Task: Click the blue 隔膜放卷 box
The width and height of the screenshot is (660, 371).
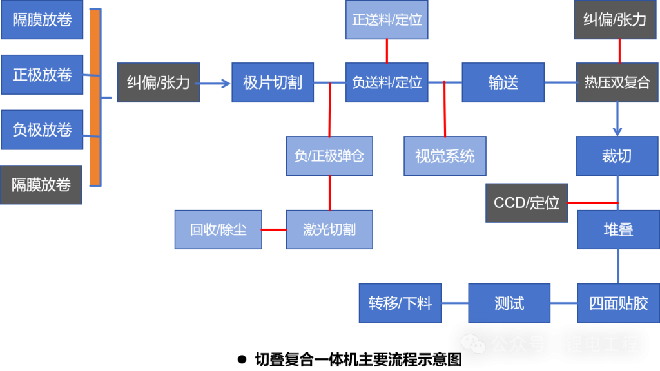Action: coord(42,19)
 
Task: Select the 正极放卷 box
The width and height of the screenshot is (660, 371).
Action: coord(42,75)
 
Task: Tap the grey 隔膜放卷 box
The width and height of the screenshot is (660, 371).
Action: coord(41,185)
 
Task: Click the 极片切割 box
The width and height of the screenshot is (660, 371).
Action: coord(273,82)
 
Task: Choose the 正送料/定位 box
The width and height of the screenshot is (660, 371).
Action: coord(387,19)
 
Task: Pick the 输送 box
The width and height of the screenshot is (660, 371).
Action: coord(503,82)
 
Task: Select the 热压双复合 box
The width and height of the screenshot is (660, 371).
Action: coord(617,82)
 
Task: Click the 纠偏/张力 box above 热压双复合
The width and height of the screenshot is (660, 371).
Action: coord(615,19)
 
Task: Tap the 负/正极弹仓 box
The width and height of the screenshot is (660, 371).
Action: coord(329,156)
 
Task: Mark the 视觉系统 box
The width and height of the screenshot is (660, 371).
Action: coord(445,156)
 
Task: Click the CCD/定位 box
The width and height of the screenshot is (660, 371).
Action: coord(526,203)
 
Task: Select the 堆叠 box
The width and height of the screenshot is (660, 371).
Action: coord(618,229)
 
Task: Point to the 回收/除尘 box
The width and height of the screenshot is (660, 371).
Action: coord(218,229)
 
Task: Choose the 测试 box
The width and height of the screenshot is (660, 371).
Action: coord(509,303)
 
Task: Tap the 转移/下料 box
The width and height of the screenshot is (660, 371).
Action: coord(400,303)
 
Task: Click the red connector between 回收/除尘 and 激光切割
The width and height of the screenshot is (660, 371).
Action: coord(274,229)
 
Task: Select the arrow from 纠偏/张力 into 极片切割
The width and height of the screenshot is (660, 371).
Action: coord(216,82)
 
